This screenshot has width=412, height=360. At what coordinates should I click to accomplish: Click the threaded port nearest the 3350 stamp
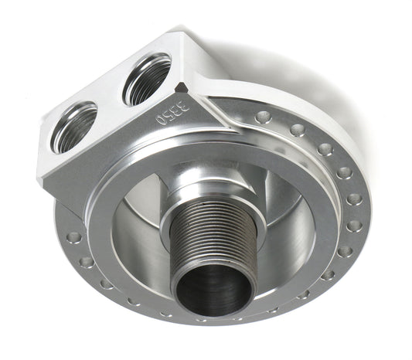[147, 77]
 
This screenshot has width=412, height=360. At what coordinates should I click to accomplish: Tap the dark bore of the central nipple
[213, 290]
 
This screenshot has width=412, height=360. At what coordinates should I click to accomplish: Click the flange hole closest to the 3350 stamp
[263, 117]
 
